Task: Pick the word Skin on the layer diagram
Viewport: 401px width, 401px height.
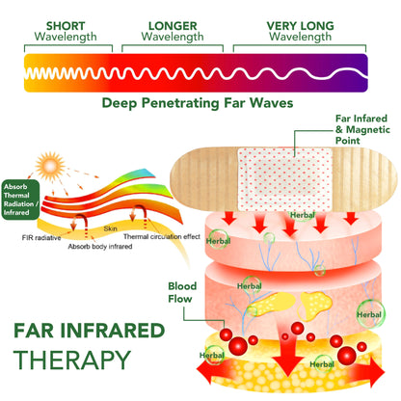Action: tap(112, 227)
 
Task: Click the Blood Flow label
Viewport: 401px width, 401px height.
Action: tap(181, 291)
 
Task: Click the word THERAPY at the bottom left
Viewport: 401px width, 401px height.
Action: tap(71, 362)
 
